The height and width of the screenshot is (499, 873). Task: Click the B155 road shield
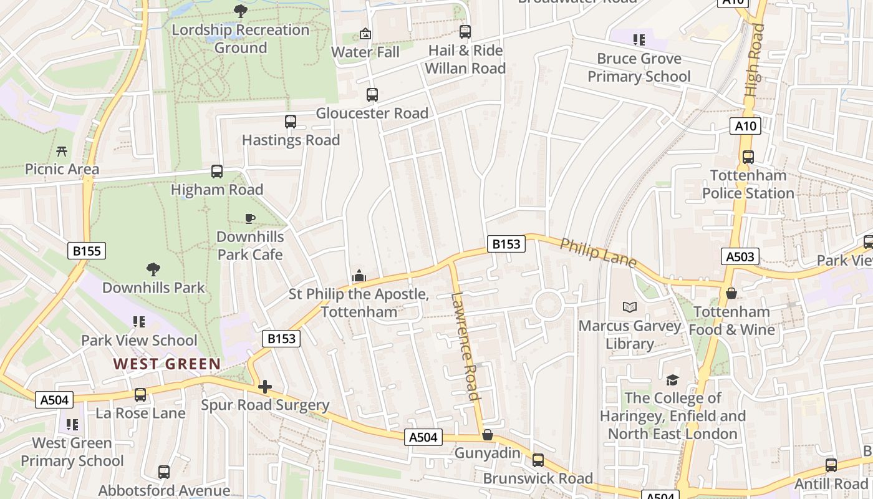point(87,251)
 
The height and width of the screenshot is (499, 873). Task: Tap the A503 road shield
point(741,256)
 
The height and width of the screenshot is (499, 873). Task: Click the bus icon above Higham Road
point(217,171)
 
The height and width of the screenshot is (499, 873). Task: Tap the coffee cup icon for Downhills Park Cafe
point(249,218)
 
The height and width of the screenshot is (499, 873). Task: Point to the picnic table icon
point(62,151)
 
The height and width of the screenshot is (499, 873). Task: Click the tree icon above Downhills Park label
point(153,269)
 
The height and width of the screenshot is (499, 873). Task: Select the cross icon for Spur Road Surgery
point(265,387)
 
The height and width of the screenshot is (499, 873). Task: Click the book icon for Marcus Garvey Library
point(630,307)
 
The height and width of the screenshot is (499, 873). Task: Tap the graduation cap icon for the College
point(672,379)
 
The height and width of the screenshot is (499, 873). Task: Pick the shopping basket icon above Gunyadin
point(488,435)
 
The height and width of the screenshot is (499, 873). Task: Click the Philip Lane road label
point(597,253)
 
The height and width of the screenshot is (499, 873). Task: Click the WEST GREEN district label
point(167,364)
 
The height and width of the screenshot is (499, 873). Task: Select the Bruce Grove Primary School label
point(639,67)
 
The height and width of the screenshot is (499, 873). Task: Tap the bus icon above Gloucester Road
point(372,95)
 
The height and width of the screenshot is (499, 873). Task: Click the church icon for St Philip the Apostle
point(359,275)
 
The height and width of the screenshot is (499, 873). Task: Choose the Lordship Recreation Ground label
point(240,39)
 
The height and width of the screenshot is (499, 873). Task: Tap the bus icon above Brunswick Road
point(538,460)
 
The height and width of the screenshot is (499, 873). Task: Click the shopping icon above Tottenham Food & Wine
point(731,293)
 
